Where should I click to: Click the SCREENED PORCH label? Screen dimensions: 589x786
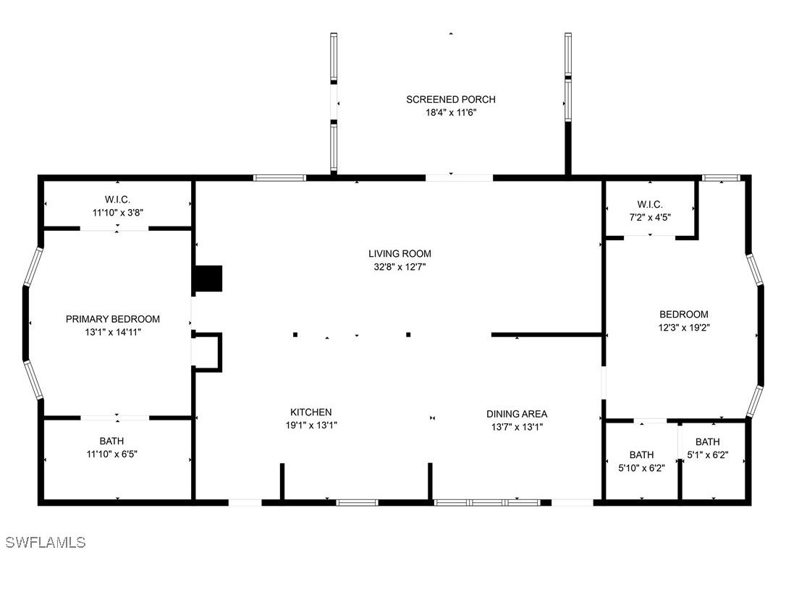(x=450, y=99)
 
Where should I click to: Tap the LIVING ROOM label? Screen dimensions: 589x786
(x=400, y=253)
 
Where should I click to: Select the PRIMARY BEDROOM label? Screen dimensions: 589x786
(x=113, y=319)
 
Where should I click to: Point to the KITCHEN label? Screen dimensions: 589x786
(x=310, y=412)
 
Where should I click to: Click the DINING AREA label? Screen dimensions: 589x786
(x=517, y=414)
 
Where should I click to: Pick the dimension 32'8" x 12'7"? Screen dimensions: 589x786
(x=400, y=266)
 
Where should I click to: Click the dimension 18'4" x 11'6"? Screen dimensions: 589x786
(x=450, y=112)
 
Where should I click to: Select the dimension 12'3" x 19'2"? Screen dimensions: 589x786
(x=683, y=327)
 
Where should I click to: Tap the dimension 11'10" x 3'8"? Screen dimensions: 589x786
(x=117, y=213)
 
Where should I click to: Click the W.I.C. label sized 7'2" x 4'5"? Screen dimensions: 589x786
(x=650, y=205)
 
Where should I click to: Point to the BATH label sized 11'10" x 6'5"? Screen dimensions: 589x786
(x=111, y=441)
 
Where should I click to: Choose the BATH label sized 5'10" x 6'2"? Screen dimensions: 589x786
(x=641, y=454)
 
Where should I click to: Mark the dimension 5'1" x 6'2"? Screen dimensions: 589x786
(x=707, y=455)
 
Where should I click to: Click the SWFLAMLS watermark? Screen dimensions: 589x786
(x=46, y=542)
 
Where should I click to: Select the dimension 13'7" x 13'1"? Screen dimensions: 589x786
(x=517, y=427)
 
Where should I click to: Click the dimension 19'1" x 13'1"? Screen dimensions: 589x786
(x=310, y=425)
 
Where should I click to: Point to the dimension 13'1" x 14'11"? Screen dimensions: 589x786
(x=113, y=332)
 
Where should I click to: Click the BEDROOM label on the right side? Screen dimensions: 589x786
(x=683, y=314)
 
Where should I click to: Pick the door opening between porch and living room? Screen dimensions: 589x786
(x=459, y=177)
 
